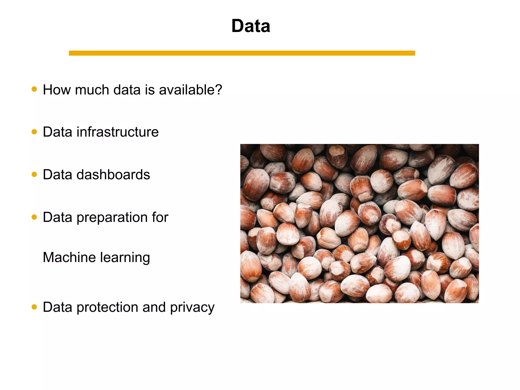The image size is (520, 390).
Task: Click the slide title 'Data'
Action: point(251,26)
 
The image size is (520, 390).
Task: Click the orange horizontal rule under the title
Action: point(242,53)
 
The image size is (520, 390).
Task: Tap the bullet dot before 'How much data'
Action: point(34,89)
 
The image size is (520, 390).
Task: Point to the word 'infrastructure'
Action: point(118,132)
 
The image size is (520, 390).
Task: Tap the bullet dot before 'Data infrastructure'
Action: point(34,132)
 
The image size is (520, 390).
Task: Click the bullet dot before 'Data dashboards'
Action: point(34,174)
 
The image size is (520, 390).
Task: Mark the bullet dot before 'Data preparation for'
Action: point(34,217)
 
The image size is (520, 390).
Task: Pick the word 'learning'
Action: point(125,258)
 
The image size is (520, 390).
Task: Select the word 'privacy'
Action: point(192,308)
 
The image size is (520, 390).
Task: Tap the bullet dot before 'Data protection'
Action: point(34,307)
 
